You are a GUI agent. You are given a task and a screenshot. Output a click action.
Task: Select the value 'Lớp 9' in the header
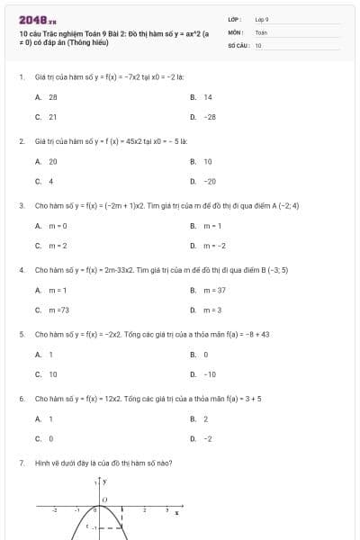[x=262, y=19]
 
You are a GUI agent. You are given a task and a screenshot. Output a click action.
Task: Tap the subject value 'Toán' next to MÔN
[x=261, y=31]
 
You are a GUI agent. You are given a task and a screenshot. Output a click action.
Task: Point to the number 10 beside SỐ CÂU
[x=258, y=44]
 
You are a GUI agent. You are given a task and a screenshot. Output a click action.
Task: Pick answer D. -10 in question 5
[x=203, y=374]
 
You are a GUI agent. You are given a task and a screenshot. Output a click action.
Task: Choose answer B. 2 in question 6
[x=199, y=418]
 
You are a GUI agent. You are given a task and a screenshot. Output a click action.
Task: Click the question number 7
[x=21, y=463]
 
